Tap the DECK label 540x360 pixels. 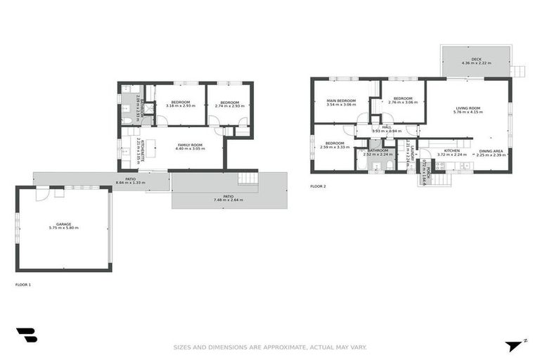pos(476,60)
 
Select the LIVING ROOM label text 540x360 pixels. pos(468,108)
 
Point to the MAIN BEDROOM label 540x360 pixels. pos(341,101)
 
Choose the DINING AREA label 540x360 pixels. pos(491,151)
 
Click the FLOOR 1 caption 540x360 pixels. pos(23,285)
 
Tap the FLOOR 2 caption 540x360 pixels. pos(318,186)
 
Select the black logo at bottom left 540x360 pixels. pos(26,335)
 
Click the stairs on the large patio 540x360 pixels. pos(248,179)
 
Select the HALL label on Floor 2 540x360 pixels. pos(386,127)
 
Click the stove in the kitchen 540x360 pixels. pos(439,166)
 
